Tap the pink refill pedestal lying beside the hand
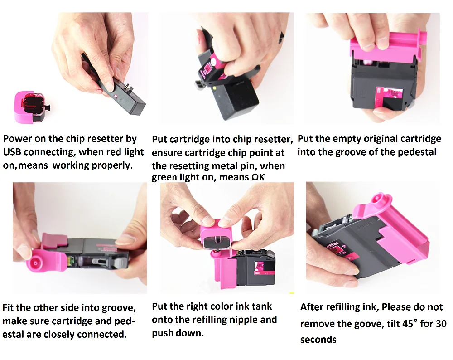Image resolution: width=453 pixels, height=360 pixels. pos(30,107)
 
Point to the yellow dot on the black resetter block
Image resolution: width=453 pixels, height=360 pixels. pos(214,88)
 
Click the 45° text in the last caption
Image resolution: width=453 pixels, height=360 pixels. pos(410,323)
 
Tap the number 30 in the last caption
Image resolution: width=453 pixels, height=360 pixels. pos(441,323)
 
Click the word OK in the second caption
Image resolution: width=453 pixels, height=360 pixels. pos(258,177)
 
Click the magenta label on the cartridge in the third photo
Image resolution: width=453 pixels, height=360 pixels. pos(389,97)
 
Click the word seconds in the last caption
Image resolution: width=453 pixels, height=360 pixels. pos(318,340)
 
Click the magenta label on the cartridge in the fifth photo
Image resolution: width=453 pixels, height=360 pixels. pos(264,268)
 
